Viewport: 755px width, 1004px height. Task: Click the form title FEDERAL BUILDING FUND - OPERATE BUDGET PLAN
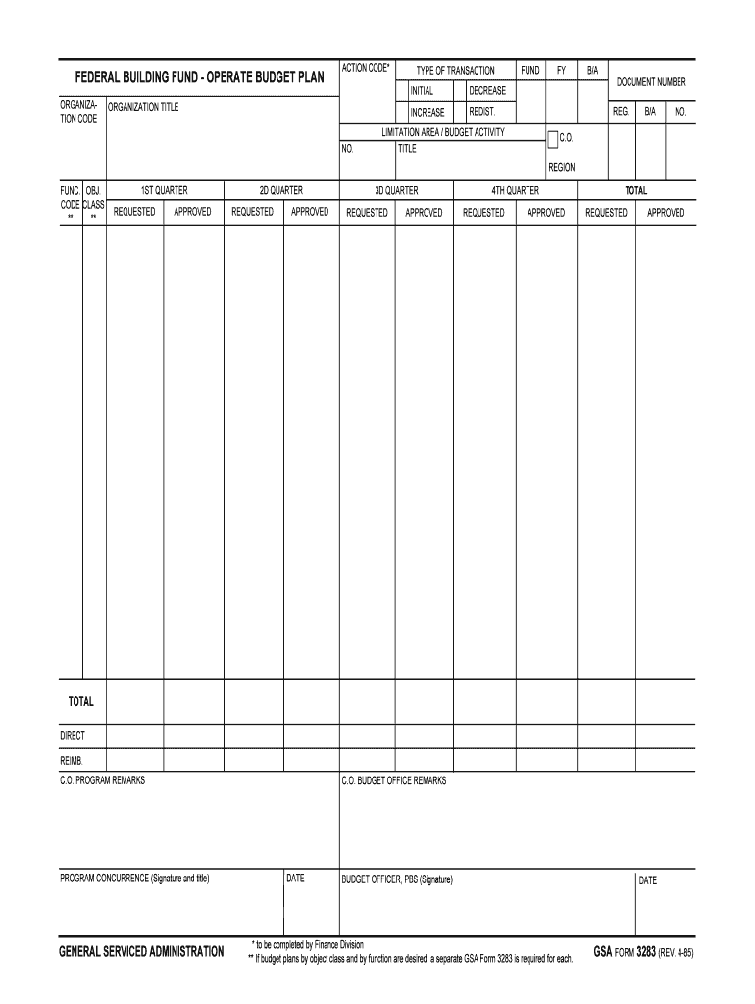click(200, 76)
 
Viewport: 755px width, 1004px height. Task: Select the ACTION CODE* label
click(366, 68)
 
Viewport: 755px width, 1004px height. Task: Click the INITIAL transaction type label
click(422, 91)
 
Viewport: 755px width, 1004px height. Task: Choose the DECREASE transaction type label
click(487, 91)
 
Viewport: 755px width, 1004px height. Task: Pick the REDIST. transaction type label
click(482, 112)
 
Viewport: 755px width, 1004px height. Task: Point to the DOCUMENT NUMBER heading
click(651, 82)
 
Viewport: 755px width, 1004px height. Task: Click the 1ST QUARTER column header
click(164, 190)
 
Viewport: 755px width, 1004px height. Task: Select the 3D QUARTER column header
click(396, 190)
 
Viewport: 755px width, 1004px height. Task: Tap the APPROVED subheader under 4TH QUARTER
click(546, 212)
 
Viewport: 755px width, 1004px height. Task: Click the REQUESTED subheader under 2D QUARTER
click(252, 212)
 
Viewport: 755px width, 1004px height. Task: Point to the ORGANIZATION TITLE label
click(143, 107)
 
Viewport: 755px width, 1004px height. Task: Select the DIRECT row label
click(73, 735)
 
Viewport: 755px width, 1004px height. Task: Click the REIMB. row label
click(72, 760)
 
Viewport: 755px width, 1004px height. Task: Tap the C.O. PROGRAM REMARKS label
click(102, 780)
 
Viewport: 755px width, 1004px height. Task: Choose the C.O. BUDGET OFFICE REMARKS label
click(393, 780)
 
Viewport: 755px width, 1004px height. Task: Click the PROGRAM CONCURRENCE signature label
click(134, 878)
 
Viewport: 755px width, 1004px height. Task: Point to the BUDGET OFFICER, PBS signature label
click(397, 879)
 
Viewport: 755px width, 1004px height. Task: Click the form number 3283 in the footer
click(646, 951)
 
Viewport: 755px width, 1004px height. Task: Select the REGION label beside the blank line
click(562, 168)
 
